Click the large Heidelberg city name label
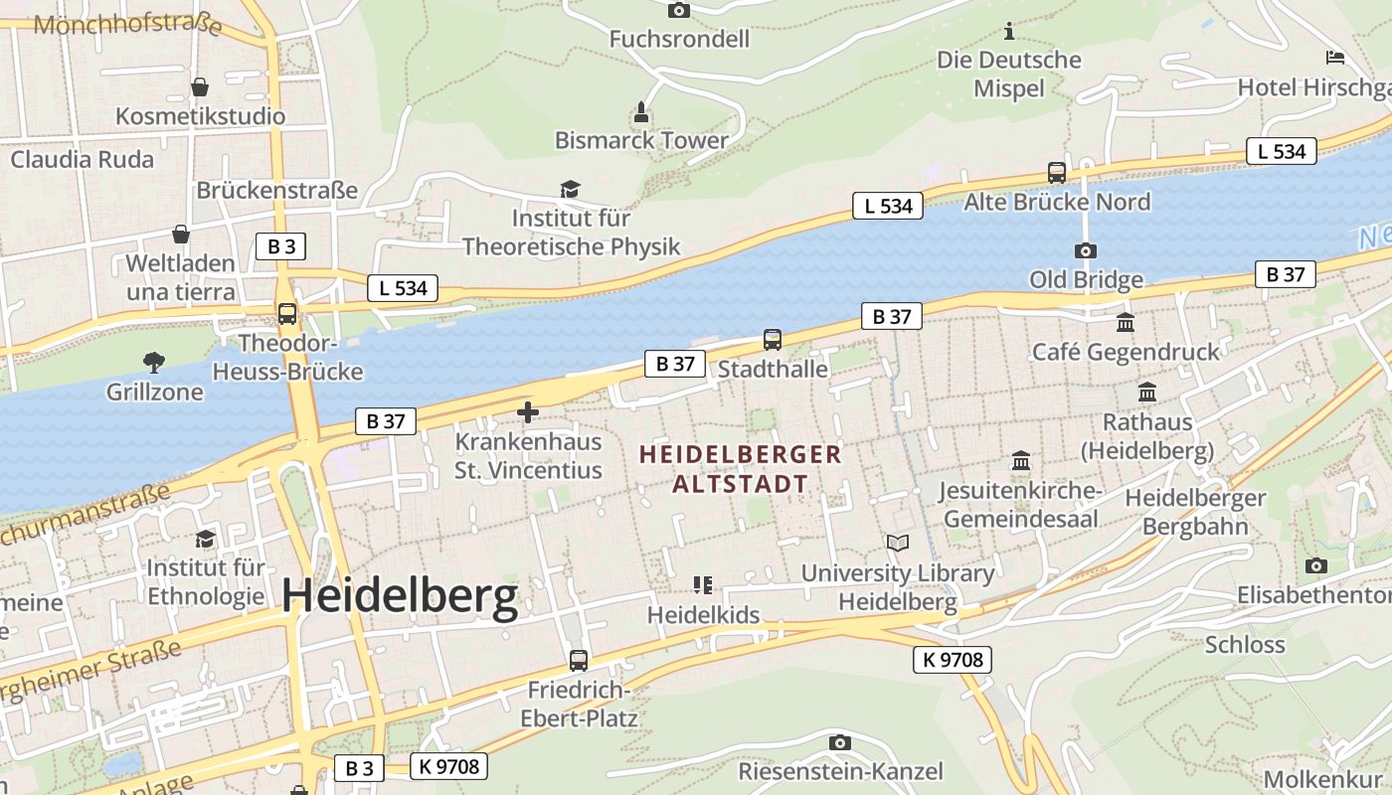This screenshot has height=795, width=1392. [400, 596]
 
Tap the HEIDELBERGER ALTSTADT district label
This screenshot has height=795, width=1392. [741, 469]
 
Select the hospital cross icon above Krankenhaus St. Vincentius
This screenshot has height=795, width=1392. [528, 411]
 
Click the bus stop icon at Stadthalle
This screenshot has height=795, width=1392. [773, 340]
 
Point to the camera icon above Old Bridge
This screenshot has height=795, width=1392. [1086, 250]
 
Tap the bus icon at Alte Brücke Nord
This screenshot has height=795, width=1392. [1057, 173]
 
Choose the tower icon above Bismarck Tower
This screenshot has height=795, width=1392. [641, 111]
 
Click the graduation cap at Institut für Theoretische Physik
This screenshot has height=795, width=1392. [570, 189]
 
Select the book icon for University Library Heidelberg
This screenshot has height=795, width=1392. [898, 544]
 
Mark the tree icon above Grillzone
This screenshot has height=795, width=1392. [154, 362]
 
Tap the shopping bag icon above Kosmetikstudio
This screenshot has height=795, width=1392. [200, 87]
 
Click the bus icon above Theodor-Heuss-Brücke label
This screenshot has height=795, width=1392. [287, 314]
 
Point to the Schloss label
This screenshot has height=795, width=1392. [1245, 644]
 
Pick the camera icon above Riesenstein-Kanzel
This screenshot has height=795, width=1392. [840, 742]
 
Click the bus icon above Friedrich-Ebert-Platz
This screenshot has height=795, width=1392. [579, 660]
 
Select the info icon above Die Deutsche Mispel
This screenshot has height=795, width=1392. [1009, 32]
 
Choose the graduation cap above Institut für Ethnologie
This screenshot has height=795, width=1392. [206, 539]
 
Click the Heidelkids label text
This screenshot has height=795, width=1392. [703, 615]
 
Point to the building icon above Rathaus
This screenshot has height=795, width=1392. [1147, 393]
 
